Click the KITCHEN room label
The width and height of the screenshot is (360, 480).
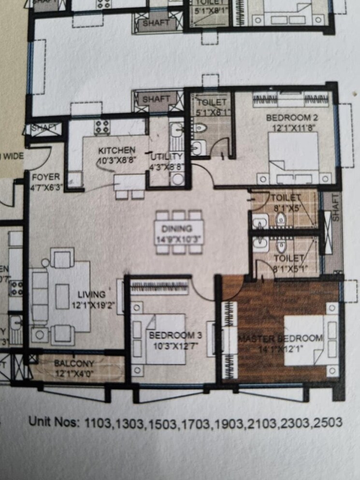click(117, 150)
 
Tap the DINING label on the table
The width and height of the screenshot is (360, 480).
click(177, 229)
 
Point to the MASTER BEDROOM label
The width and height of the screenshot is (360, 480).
click(280, 338)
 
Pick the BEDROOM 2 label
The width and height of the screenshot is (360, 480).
click(287, 117)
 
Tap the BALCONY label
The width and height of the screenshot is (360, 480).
click(74, 363)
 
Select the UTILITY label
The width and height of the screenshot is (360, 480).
click(167, 157)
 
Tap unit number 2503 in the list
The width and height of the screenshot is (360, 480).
click(326, 422)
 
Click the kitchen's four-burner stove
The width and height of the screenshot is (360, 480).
click(101, 127)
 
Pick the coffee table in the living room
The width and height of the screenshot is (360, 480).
click(62, 296)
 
